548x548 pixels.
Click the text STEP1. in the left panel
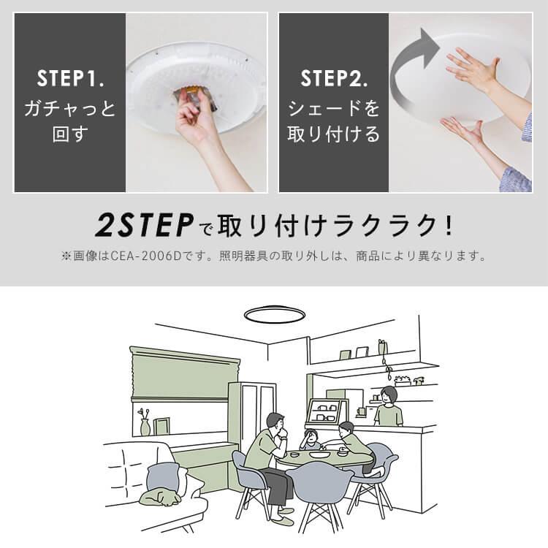69,77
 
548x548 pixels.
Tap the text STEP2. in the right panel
334,77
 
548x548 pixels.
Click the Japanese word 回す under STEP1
69,135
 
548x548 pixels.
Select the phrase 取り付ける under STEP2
334,135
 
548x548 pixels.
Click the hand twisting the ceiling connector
196,117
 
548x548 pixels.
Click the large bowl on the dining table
319,454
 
